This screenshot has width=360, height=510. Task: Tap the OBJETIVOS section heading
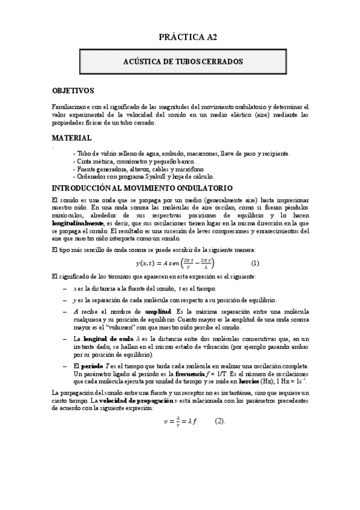coord(73,91)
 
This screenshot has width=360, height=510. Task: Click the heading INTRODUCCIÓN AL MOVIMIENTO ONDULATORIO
coord(142,188)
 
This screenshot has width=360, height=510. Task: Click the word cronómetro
coord(119,161)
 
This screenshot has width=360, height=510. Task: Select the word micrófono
coord(181,169)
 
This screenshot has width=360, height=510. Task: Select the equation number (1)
coord(255,263)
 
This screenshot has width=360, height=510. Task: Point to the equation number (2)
coord(219,421)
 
